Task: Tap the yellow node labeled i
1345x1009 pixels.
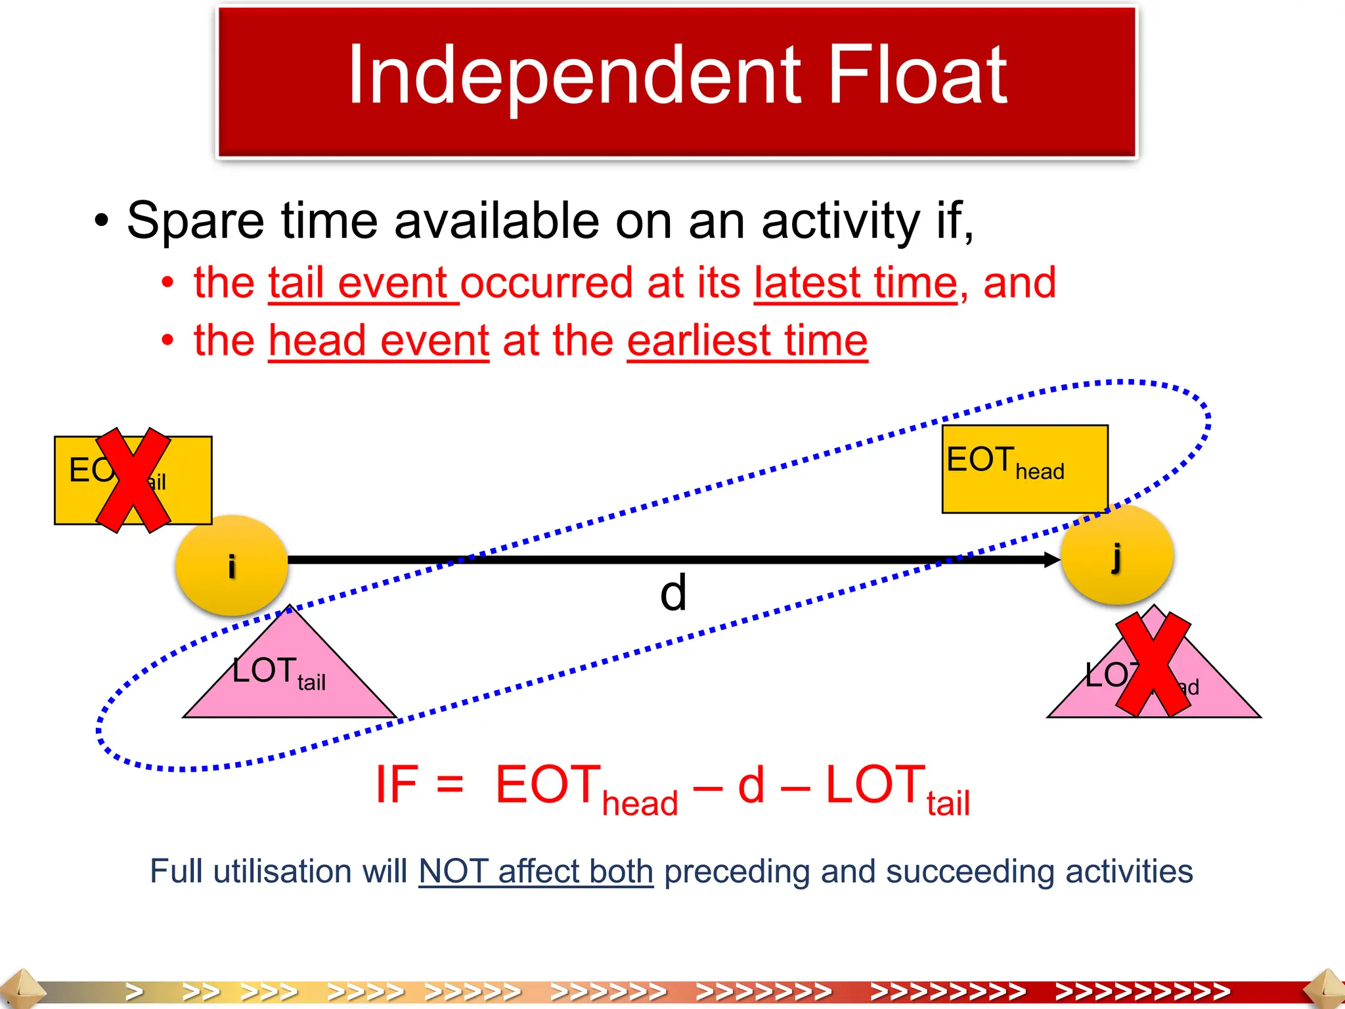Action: [232, 566]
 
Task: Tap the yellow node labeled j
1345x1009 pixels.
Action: [1116, 556]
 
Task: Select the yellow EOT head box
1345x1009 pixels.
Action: [1025, 468]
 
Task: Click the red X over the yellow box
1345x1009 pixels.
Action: [133, 480]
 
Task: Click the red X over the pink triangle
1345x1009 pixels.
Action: [1154, 664]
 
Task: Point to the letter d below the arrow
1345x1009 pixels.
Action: [673, 593]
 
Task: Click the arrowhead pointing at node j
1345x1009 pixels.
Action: [1051, 560]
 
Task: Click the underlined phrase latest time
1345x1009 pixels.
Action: [856, 283]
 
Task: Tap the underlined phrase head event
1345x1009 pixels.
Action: [379, 341]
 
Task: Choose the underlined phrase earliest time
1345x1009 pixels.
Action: [747, 341]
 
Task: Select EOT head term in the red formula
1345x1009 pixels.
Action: [584, 788]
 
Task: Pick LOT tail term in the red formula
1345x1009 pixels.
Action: [896, 788]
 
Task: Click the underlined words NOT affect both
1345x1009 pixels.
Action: [536, 872]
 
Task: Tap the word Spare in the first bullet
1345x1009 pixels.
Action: [196, 221]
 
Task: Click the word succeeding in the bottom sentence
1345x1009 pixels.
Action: [970, 872]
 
